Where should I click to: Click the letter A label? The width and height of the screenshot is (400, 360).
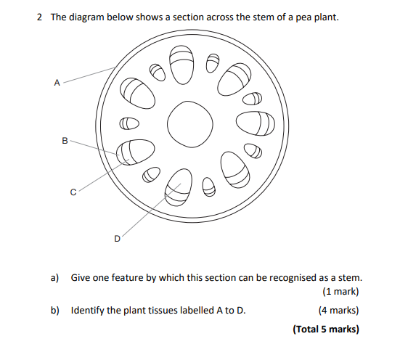click(57, 83)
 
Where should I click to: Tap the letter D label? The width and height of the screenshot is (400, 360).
click(117, 237)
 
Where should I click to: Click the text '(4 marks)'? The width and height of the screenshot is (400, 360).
click(338, 311)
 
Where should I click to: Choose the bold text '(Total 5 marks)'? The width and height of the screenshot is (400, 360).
click(326, 329)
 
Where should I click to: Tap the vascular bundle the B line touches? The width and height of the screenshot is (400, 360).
click(136, 152)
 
